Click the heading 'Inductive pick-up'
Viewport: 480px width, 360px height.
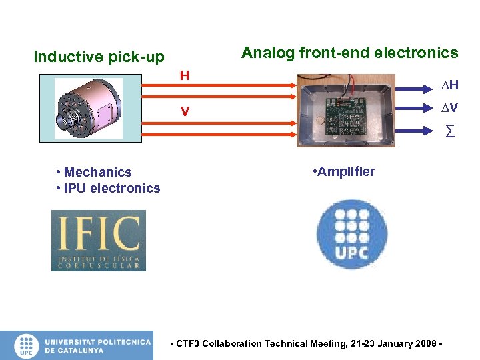pos(99,57)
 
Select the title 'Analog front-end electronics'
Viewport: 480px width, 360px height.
pos(349,53)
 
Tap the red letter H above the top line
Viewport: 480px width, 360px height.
pos(185,75)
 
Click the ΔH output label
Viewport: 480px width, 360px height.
pos(449,85)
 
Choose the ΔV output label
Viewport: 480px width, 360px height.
pos(449,107)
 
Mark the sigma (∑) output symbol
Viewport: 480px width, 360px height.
pos(450,131)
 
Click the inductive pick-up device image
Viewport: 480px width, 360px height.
pos(88,109)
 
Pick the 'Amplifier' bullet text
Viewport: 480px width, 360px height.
pos(346,171)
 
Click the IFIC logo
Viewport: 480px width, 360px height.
pos(99,240)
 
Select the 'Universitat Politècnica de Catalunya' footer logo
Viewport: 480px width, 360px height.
pos(76,345)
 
